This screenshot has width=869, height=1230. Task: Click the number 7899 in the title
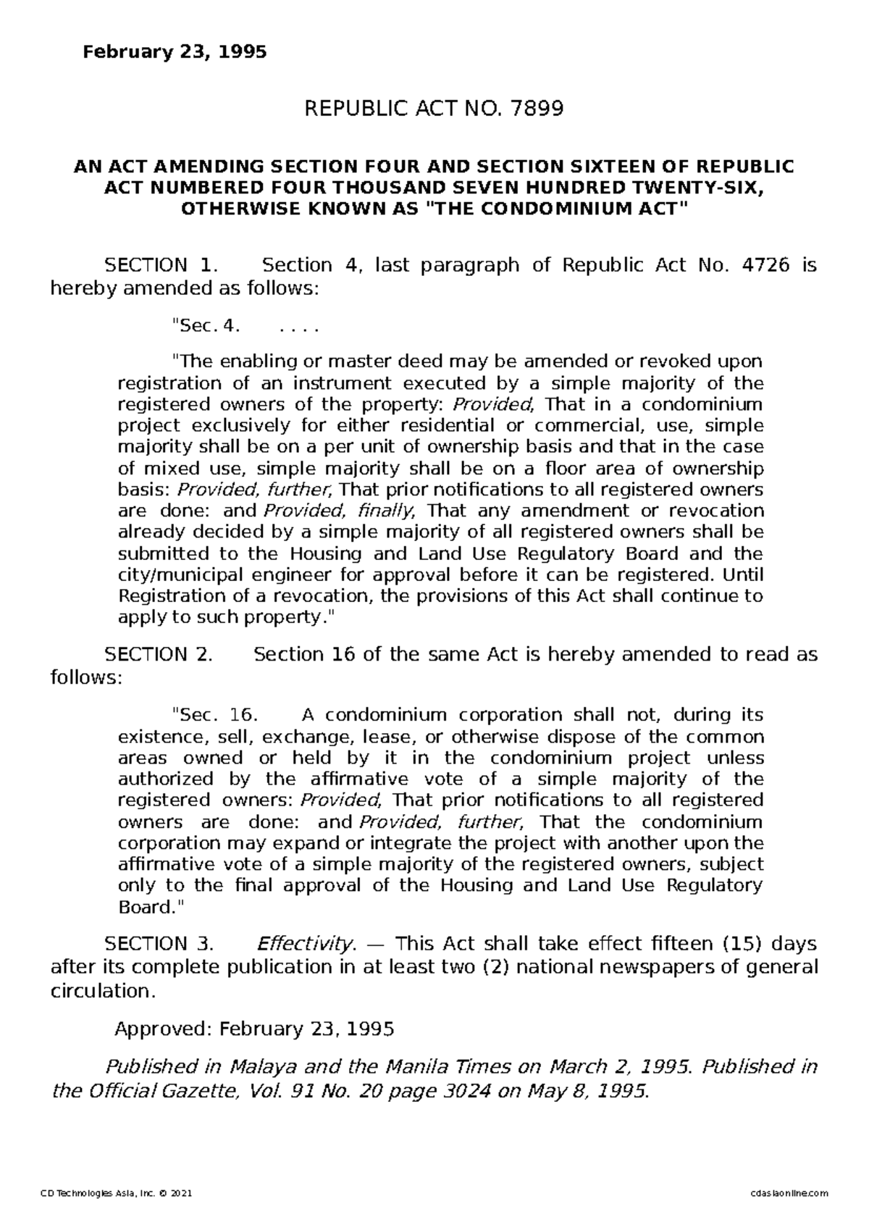point(537,109)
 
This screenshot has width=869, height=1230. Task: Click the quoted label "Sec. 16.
point(214,716)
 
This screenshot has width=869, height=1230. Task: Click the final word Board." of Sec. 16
point(151,907)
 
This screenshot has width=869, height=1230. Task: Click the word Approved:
point(164,1029)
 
